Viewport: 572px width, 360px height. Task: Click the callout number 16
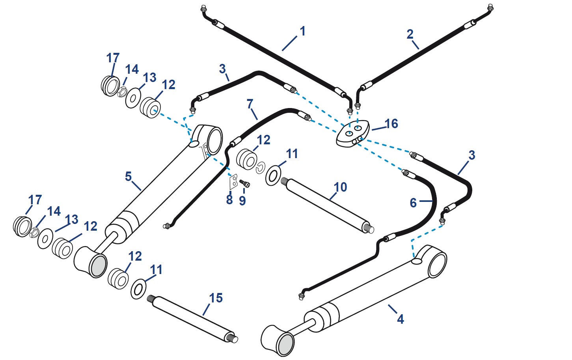(391, 124)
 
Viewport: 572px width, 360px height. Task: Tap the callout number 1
(302, 31)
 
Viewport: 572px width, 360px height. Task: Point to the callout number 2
(410, 34)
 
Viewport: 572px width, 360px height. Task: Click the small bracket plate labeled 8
(234, 182)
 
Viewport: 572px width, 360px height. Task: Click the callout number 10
(340, 187)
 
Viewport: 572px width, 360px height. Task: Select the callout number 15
(216, 298)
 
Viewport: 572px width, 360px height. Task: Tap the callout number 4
(400, 319)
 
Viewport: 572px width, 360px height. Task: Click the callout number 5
(128, 176)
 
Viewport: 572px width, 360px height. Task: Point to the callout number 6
(413, 203)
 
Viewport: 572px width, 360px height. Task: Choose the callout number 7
(250, 104)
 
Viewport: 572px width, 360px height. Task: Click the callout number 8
(229, 200)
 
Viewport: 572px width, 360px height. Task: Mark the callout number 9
(242, 201)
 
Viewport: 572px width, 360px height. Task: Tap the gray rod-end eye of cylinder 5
(98, 265)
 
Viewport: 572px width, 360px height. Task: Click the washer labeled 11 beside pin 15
(138, 289)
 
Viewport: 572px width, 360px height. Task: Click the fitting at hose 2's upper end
(490, 8)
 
